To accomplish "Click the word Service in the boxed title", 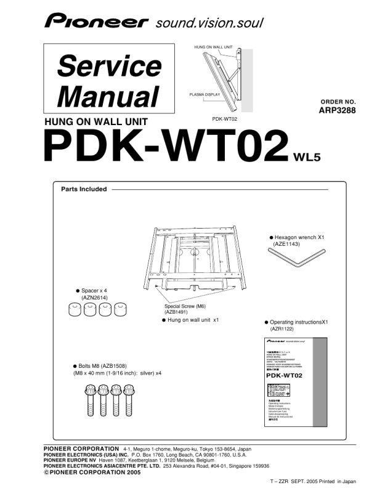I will point(109,66).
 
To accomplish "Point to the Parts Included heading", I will point(84,189).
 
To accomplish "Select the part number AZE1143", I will point(286,244).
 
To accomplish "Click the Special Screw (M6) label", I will point(185,306).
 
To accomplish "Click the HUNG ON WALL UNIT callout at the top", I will point(213,47).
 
